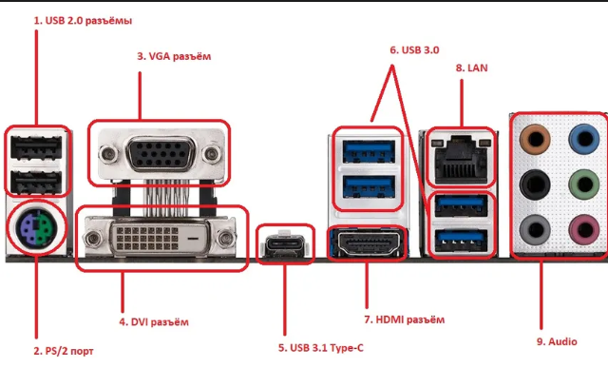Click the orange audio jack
535,139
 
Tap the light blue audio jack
584,139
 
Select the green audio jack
584,184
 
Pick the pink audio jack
584,229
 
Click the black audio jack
535,184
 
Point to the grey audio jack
535,229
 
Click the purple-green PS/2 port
35,227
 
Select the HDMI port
368,243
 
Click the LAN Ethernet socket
461,159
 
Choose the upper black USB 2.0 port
36,147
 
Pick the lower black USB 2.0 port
36,182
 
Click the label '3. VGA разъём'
174,56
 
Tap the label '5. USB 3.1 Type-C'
321,348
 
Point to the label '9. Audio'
557,341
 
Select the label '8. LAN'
471,68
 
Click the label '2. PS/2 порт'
64,351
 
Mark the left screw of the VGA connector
108,154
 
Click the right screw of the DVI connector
225,238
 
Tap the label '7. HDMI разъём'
405,320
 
